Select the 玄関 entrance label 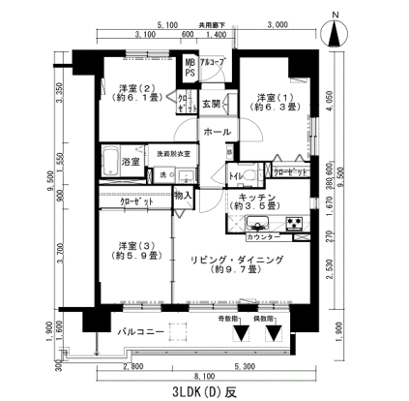[x=212, y=104]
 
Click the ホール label [x=217, y=131]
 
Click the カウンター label [x=264, y=236]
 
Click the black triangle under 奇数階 [x=242, y=334]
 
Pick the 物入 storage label [x=183, y=197]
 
